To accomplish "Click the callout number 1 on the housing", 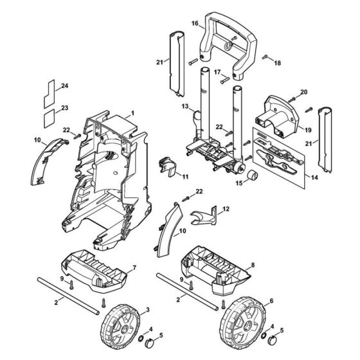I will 132,113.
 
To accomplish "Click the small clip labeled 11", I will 166,165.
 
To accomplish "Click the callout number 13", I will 184,105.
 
